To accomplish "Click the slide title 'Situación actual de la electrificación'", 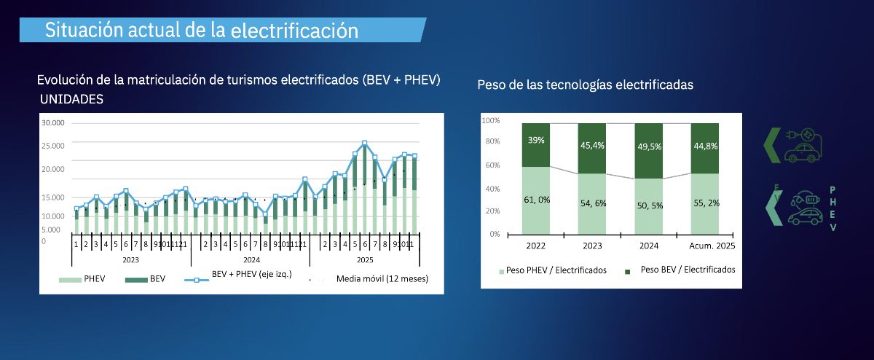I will (202, 31).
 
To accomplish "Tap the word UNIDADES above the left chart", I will (71, 98).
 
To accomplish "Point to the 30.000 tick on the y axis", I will (53, 123).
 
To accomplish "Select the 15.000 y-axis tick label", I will (53, 197).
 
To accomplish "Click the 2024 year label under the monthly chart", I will (251, 259).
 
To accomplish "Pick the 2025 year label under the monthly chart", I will (365, 259).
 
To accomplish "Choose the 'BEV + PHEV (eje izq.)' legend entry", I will (251, 275).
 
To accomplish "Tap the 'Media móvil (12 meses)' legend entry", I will (382, 278).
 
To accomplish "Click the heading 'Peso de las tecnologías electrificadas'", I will (585, 85).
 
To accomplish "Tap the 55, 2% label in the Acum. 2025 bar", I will (705, 203).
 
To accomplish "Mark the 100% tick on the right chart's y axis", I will (490, 120).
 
